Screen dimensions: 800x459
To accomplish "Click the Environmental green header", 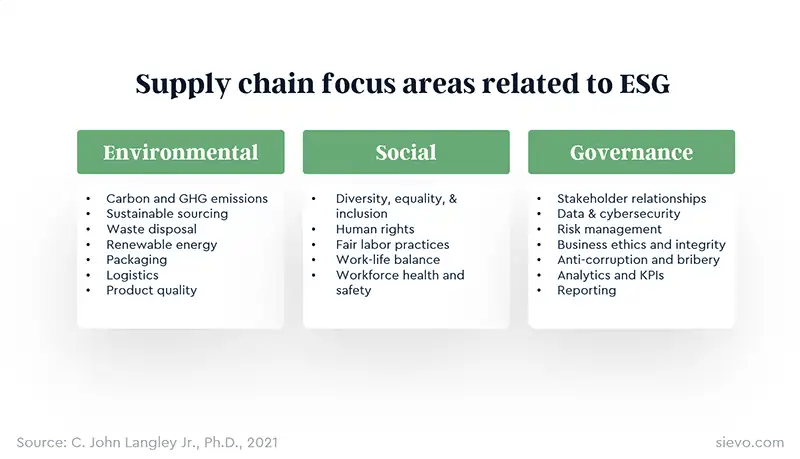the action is tap(181, 152).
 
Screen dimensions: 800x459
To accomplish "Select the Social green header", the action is tap(406, 152).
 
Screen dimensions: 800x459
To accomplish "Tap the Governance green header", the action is tap(632, 152).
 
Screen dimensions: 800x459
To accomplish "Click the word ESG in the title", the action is tap(644, 84).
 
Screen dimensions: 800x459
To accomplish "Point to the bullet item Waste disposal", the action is tap(152, 230).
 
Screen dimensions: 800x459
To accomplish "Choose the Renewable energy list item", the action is tap(162, 245).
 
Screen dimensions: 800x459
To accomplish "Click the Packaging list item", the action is tap(137, 260).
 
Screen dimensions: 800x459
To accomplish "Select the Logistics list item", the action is tap(132, 275).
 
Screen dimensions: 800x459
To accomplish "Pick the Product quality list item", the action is tap(152, 291).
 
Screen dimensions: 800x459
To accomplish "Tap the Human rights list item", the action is tap(375, 230).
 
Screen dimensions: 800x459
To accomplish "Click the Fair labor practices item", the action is tap(392, 245).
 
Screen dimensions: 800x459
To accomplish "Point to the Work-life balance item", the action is tap(388, 260).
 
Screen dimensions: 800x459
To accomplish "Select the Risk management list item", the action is tap(609, 230).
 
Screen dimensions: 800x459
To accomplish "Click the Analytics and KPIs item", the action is tap(611, 275).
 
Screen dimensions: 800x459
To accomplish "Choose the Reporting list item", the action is tap(587, 291).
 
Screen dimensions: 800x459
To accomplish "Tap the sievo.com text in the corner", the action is tap(749, 442).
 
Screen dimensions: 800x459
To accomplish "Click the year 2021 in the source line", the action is tap(262, 442).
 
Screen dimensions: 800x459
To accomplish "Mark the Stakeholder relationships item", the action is tap(632, 198).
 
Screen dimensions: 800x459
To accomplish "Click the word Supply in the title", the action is tap(183, 85).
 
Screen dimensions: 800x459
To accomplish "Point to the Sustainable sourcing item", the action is tap(167, 214).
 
